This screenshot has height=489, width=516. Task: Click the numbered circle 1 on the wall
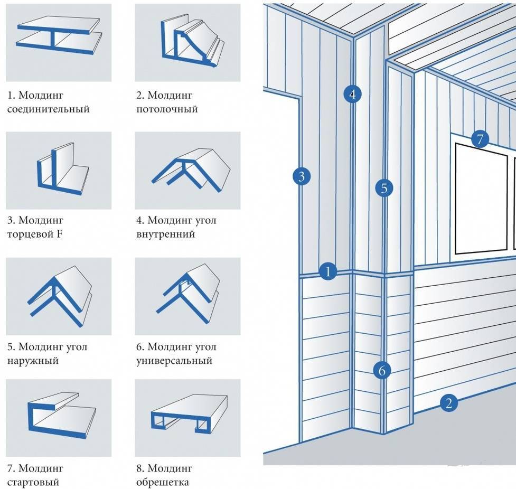328,272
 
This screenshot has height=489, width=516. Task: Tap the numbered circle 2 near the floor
449,404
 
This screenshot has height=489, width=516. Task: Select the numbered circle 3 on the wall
301,176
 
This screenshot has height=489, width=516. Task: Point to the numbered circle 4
352,95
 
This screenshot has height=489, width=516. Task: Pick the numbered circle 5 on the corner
384,187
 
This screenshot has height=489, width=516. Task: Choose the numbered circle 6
382,371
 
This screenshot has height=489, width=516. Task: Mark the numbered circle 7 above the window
480,139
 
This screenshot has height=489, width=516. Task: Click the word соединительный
49,110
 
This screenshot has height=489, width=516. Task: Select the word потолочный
167,110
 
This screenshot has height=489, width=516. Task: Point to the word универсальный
174,361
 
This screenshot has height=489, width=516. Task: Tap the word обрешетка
162,482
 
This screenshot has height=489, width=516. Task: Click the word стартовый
33,482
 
